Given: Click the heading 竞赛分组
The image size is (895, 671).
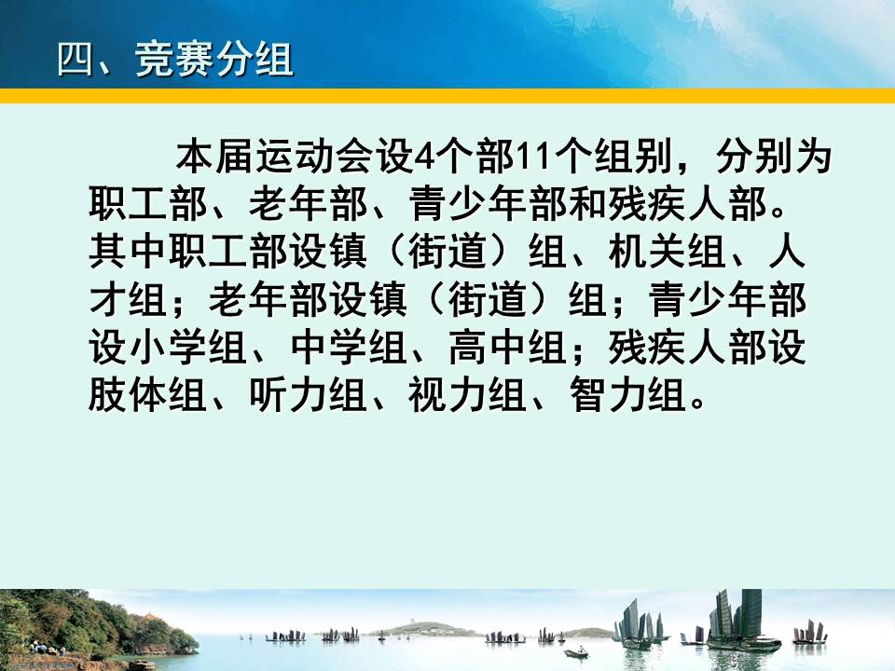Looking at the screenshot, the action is pyautogui.click(x=214, y=60).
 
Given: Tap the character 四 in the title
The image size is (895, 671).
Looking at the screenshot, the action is pyautogui.click(x=75, y=60).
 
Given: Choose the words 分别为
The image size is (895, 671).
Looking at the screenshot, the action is pyautogui.click(x=774, y=157).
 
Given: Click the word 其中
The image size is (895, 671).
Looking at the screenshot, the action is pyautogui.click(x=128, y=252).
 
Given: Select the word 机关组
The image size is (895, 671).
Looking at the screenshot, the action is pyautogui.click(x=667, y=252).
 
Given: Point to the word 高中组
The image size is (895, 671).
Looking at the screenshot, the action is pyautogui.click(x=507, y=348).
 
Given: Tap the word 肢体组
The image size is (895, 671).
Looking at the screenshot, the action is pyautogui.click(x=147, y=395).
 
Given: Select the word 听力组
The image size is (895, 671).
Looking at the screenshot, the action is pyautogui.click(x=308, y=395).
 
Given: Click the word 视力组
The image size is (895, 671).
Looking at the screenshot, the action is pyautogui.click(x=467, y=395).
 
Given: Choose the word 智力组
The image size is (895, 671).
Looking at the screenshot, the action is pyautogui.click(x=627, y=395).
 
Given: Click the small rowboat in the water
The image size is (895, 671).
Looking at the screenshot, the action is pyautogui.click(x=576, y=652).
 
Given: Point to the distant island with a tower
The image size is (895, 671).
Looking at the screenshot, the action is pyautogui.click(x=422, y=629).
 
